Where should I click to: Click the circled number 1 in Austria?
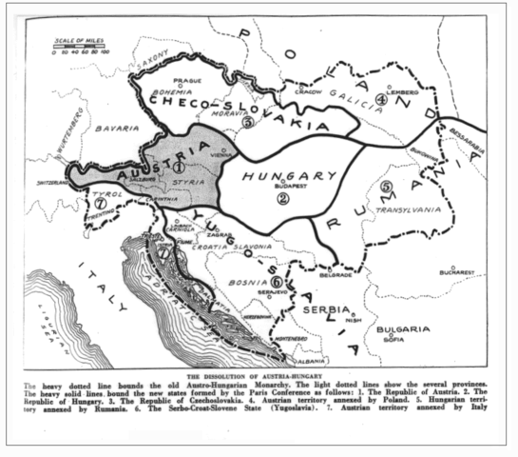coord(178,167)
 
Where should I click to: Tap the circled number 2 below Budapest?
coord(283,198)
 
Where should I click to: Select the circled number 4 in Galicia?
coord(381,99)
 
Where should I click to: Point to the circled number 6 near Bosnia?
coord(277,281)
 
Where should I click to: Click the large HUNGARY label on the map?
coord(290,176)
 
